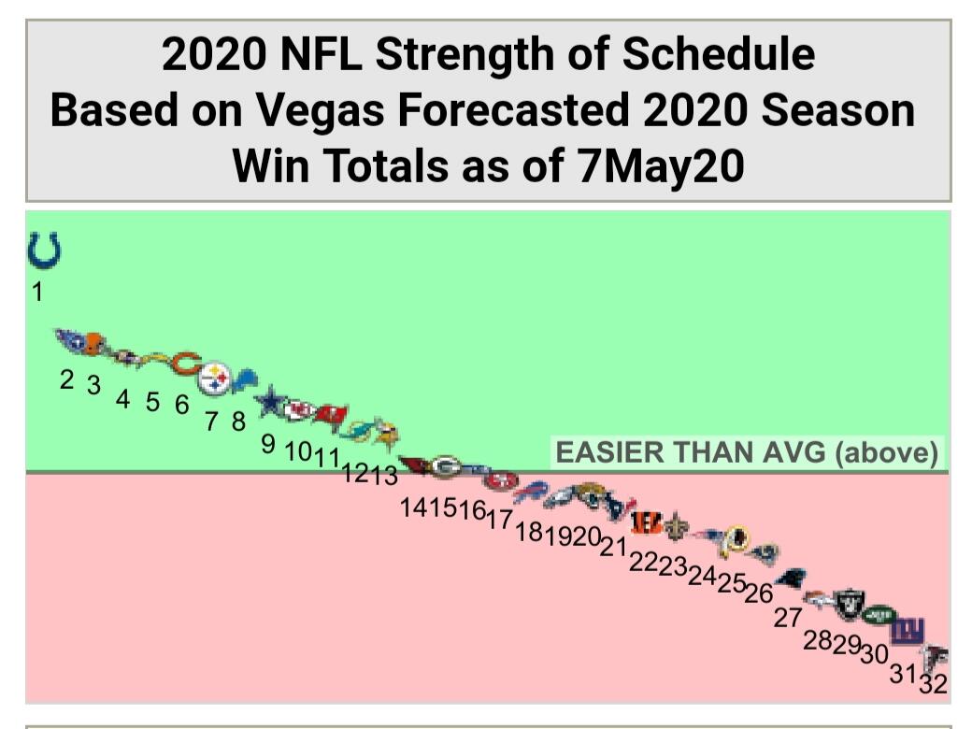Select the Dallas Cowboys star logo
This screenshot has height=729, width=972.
(x=270, y=402)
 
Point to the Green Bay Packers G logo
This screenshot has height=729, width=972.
(x=446, y=465)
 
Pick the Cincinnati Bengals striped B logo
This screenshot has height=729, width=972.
(x=646, y=522)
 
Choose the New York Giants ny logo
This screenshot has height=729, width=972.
(x=906, y=631)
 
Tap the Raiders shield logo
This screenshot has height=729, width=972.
(x=850, y=603)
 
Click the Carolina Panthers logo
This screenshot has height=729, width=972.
(x=793, y=579)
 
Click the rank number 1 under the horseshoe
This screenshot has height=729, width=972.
(x=37, y=293)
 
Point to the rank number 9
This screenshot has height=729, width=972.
(x=268, y=444)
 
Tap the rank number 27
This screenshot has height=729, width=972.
(x=787, y=617)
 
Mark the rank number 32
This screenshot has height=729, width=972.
(x=932, y=684)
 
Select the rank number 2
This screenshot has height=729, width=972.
(x=66, y=379)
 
